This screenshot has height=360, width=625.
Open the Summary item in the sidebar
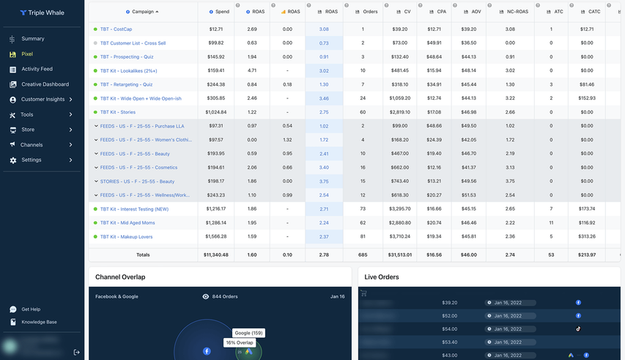(32, 39)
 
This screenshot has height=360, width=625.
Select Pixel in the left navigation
(27, 54)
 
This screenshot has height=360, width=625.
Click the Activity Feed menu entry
(37, 70)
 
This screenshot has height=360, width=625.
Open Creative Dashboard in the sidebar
(45, 84)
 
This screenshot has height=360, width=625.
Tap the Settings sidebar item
(31, 160)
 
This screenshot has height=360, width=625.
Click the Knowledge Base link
(39, 322)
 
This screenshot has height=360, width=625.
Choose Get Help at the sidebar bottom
(31, 309)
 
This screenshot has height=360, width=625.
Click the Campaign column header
(144, 12)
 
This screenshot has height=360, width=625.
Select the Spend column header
(221, 12)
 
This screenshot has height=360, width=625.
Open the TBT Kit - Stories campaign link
(117, 112)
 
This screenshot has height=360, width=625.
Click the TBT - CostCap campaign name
(116, 29)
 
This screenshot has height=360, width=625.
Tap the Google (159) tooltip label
(248, 333)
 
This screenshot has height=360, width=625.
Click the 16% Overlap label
(239, 343)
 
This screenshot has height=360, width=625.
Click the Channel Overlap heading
(120, 277)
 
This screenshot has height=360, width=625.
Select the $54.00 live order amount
(449, 329)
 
